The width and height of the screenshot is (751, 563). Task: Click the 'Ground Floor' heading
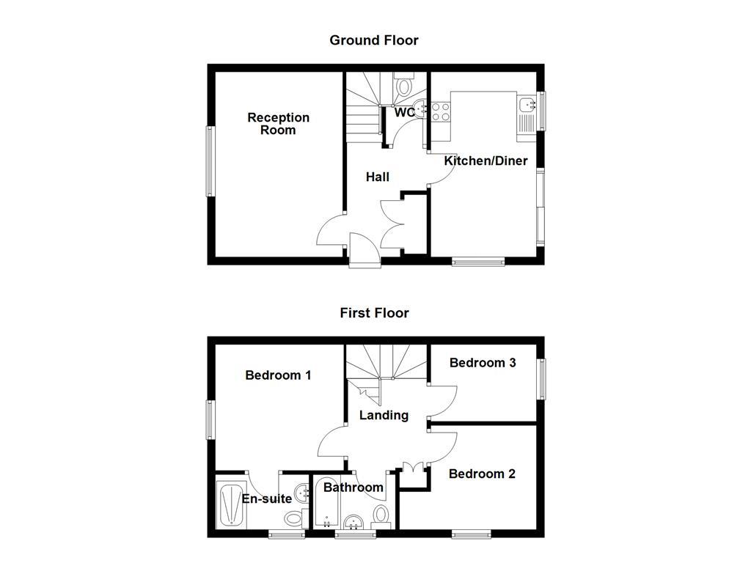point(373,40)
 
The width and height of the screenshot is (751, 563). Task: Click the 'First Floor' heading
point(373,313)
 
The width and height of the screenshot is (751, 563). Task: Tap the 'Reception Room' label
point(278,124)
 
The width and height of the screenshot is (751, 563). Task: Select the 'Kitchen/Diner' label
point(486,161)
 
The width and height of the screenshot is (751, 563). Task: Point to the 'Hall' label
point(378,177)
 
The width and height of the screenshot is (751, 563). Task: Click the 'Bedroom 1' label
point(278,375)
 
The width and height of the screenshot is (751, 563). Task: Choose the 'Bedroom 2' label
point(482,474)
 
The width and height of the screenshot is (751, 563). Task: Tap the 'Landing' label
point(384,416)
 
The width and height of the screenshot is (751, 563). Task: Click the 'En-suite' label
point(267,499)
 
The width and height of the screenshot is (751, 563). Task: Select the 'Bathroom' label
point(353,487)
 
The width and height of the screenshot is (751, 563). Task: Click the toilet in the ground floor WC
point(403,87)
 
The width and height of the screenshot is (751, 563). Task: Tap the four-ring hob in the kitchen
point(440,111)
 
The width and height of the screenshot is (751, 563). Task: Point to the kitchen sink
point(527,106)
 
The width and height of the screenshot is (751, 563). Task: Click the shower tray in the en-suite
point(232,503)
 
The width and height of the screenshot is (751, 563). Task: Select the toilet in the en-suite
point(294,518)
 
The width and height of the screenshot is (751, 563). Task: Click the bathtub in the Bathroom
point(325,504)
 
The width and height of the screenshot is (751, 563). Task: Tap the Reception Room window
point(210,161)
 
